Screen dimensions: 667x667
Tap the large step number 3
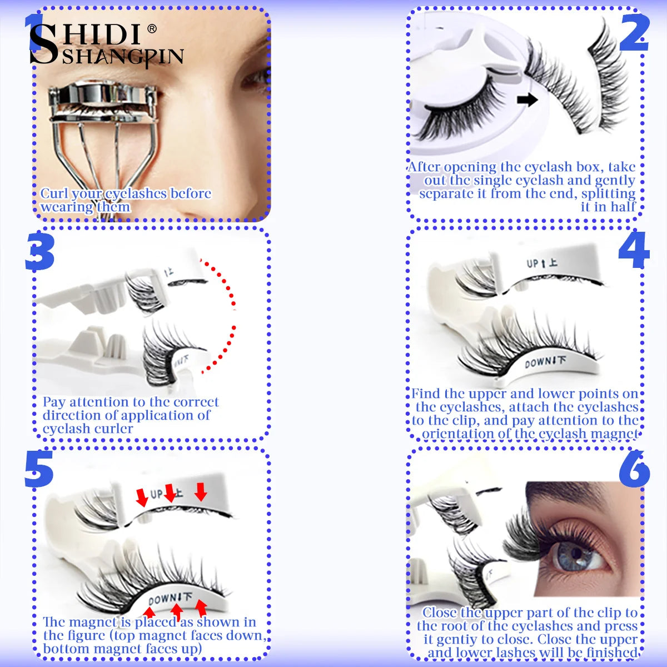tap(39, 252)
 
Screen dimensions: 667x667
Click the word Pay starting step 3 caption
tap(54, 402)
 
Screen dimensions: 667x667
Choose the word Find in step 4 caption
tap(425, 394)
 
